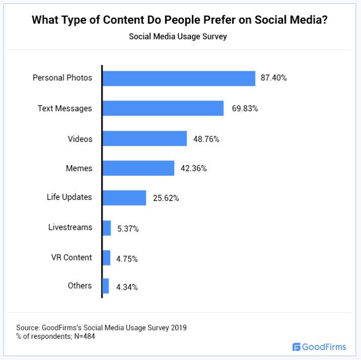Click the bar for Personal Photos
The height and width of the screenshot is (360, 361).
179,78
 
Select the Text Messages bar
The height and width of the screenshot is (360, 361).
163,108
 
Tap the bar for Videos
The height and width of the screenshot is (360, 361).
144,139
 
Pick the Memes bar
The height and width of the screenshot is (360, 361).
138,169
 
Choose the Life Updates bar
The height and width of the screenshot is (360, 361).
124,197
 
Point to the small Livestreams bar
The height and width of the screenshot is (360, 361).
107,228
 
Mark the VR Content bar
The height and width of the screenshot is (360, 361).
106,258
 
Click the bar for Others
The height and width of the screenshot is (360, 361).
106,286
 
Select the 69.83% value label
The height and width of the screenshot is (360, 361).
245,109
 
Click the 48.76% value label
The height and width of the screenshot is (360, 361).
206,139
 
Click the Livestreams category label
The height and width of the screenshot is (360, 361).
70,227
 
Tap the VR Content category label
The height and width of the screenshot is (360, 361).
71,258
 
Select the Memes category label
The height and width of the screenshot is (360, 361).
79,169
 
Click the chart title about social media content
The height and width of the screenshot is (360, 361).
180,21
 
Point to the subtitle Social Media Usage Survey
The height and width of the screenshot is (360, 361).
180,37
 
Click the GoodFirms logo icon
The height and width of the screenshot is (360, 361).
296,347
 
